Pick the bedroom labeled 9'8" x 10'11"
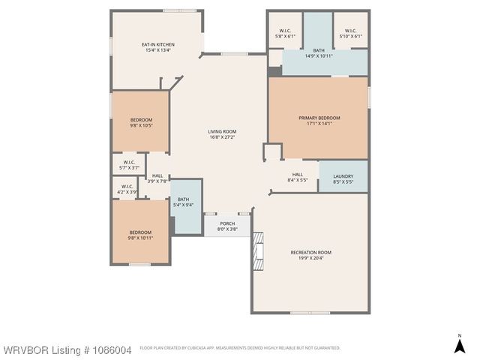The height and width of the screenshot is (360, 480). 141,235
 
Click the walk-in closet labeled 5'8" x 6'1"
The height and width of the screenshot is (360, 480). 285,33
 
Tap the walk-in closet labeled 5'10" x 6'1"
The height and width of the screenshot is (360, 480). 350,33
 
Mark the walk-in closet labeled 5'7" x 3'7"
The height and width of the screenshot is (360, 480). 129,164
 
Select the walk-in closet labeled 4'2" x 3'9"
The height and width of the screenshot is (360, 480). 127,189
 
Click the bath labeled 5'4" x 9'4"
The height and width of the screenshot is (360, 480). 184,202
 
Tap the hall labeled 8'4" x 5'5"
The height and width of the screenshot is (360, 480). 297,177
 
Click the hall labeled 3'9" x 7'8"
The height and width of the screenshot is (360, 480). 157,178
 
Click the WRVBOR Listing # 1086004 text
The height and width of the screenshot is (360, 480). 67,349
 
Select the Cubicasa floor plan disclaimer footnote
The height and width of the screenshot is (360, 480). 240,348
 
